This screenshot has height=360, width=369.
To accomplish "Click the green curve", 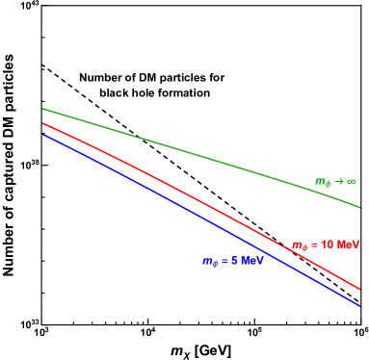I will (193, 152).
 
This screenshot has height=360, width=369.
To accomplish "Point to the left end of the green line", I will (42, 109).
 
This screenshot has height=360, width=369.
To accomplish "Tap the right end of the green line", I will (359, 207).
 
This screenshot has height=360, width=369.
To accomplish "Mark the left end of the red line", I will (42, 123).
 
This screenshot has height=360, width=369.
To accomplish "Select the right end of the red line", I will (359, 288).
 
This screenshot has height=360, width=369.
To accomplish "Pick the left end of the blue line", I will (42, 134).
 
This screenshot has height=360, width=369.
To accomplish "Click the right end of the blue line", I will (359, 306).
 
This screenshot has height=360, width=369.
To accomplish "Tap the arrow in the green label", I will (338, 181).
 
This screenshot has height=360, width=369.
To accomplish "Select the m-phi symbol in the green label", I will (322, 182).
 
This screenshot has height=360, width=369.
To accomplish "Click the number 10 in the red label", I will (328, 244).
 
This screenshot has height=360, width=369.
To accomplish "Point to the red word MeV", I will (348, 244).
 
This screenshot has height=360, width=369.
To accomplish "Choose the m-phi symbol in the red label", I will (299, 245).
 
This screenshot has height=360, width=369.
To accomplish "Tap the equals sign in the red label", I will (314, 244).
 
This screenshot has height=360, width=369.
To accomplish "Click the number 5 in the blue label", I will (233, 261).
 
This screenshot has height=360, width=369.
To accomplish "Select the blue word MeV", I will (251, 261).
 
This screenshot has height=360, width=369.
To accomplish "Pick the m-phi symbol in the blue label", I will (209, 262).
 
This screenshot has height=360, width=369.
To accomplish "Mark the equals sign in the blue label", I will (224, 261).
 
